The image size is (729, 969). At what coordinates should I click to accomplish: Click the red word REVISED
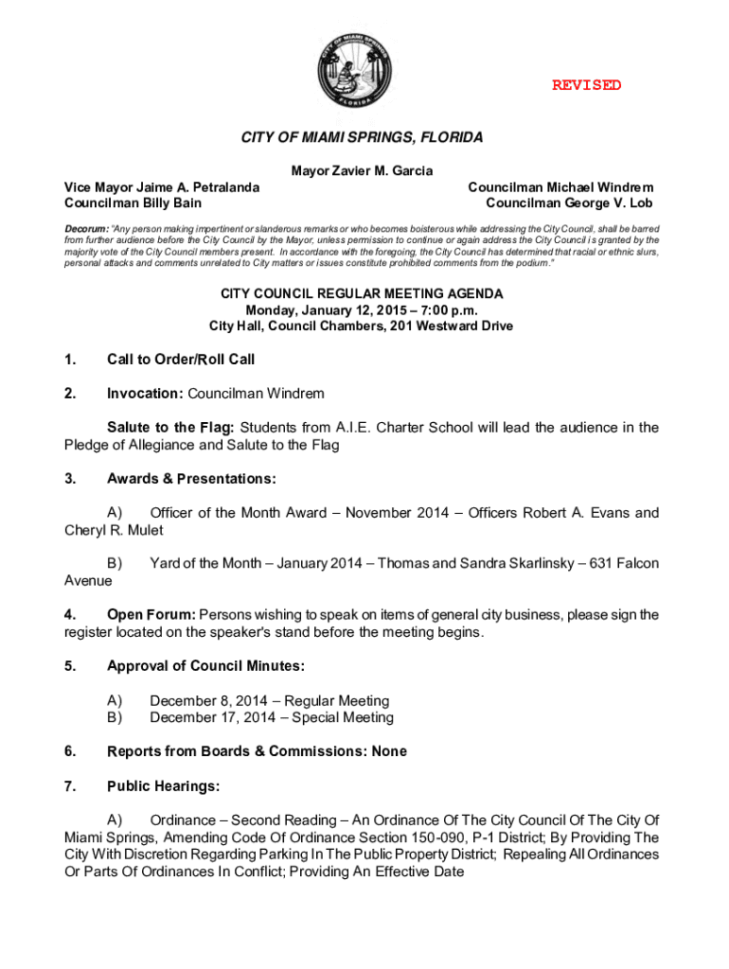click(587, 85)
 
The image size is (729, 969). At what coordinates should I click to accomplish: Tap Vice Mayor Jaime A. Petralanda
click(161, 187)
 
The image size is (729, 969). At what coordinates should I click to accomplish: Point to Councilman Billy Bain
click(132, 203)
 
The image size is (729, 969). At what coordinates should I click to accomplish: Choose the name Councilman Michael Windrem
click(560, 187)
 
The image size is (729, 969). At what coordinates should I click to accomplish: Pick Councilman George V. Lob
click(569, 203)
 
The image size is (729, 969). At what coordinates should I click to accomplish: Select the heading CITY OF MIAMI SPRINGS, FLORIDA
click(362, 137)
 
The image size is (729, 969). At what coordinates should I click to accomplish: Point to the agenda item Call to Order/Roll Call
click(181, 360)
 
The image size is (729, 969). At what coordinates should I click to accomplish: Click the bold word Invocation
click(144, 393)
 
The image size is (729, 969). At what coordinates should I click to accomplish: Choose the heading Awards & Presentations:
click(191, 479)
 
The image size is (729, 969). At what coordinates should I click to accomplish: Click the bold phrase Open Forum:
click(151, 615)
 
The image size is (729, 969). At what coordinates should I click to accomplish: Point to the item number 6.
click(69, 751)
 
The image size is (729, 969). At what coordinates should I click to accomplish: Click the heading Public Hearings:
click(164, 785)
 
